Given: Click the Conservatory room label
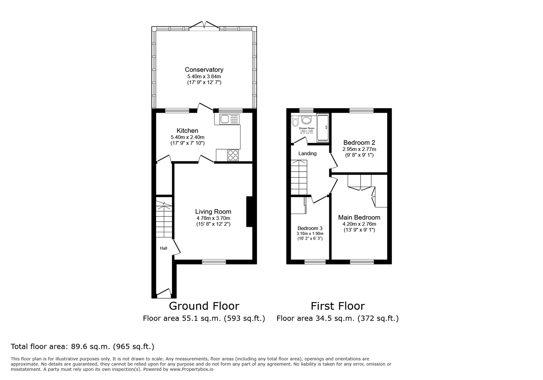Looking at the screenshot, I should (204, 70).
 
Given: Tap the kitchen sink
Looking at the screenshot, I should (227, 119).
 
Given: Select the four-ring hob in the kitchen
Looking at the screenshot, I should (233, 155).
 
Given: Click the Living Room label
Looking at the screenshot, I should (213, 212).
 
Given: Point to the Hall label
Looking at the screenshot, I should (164, 248).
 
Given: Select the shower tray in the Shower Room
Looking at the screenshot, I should (323, 128).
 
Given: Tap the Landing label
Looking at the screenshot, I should (307, 153).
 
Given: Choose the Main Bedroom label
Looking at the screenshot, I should (359, 217).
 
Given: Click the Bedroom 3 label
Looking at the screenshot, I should (310, 228).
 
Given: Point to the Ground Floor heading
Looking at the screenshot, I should (204, 306).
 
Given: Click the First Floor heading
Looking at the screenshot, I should (337, 306).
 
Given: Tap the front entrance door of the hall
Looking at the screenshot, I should (164, 293).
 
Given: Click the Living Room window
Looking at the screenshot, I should (214, 262).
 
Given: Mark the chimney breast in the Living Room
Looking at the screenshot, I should (249, 212).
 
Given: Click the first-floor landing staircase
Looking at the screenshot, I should (299, 177).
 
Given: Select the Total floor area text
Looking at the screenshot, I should (83, 346).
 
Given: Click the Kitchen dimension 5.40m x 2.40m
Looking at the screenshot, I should (188, 137).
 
